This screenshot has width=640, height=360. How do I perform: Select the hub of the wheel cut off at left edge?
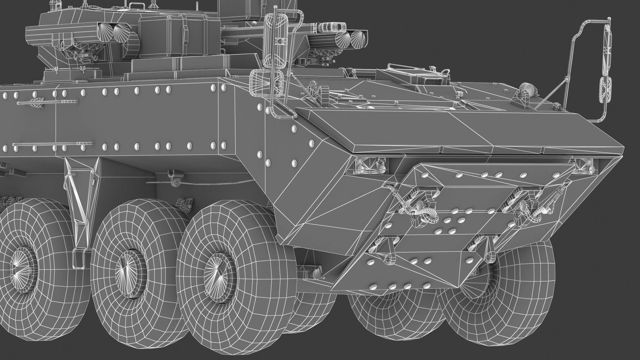click(22, 264)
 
